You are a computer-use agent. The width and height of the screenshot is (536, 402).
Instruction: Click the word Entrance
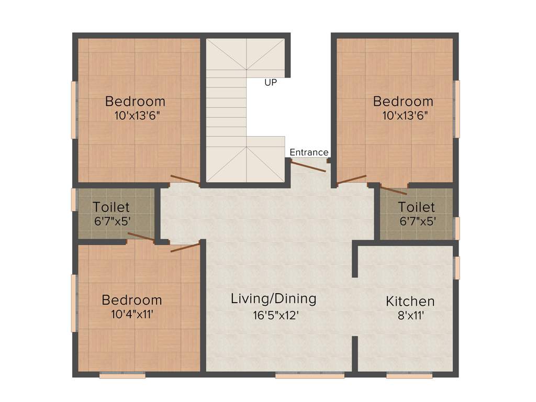coord(309,152)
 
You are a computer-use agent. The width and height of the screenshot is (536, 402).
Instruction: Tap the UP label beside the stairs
coord(271,82)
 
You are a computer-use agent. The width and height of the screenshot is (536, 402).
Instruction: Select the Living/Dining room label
coord(274,299)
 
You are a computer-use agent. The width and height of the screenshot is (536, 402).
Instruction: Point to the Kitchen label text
coord(410,301)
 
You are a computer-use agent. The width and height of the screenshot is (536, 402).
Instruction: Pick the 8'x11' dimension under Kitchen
coord(410,316)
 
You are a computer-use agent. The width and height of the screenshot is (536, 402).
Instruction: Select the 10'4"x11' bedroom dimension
coord(132,315)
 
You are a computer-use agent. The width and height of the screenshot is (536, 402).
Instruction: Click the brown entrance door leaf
coord(308,166)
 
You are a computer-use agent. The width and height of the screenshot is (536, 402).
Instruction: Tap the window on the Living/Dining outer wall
coord(309,375)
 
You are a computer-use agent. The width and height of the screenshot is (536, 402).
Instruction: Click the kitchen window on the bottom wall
coord(409,375)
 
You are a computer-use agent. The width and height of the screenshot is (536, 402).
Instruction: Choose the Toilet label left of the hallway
coord(111,207)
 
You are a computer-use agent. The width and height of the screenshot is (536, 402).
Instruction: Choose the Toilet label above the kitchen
coord(416,207)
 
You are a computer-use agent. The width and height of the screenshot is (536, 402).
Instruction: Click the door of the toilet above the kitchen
coord(393,190)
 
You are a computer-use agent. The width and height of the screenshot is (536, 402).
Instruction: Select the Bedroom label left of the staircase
coord(135,101)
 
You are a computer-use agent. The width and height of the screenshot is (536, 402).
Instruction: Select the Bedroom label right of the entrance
coord(403,101)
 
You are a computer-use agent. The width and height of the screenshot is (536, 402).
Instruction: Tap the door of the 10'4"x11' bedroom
coord(185,247)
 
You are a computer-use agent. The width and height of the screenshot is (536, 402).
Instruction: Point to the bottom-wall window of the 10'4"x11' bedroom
coord(122,375)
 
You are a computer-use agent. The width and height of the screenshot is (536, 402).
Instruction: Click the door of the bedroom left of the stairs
coord(184,179)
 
